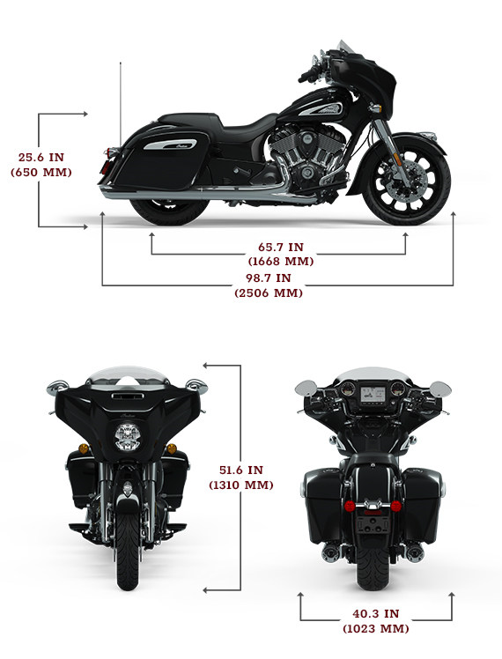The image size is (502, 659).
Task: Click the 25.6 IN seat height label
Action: (x=41, y=157)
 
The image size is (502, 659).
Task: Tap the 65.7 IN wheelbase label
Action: (x=281, y=247)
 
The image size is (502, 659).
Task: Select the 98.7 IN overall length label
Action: (x=269, y=278)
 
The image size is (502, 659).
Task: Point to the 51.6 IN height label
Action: (x=241, y=470)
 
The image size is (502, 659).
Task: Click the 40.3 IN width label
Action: (x=376, y=613)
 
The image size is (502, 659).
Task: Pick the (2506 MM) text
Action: (x=269, y=292)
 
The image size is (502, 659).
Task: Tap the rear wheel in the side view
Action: (x=169, y=211)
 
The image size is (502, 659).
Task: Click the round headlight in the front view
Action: (x=128, y=437)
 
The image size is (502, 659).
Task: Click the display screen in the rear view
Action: (x=373, y=395)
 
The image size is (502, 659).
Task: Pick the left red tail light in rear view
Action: (x=350, y=506)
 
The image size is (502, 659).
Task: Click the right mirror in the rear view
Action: (x=440, y=389)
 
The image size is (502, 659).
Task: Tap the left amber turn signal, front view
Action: (x=84, y=448)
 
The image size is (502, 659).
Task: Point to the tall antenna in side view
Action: (x=121, y=104)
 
